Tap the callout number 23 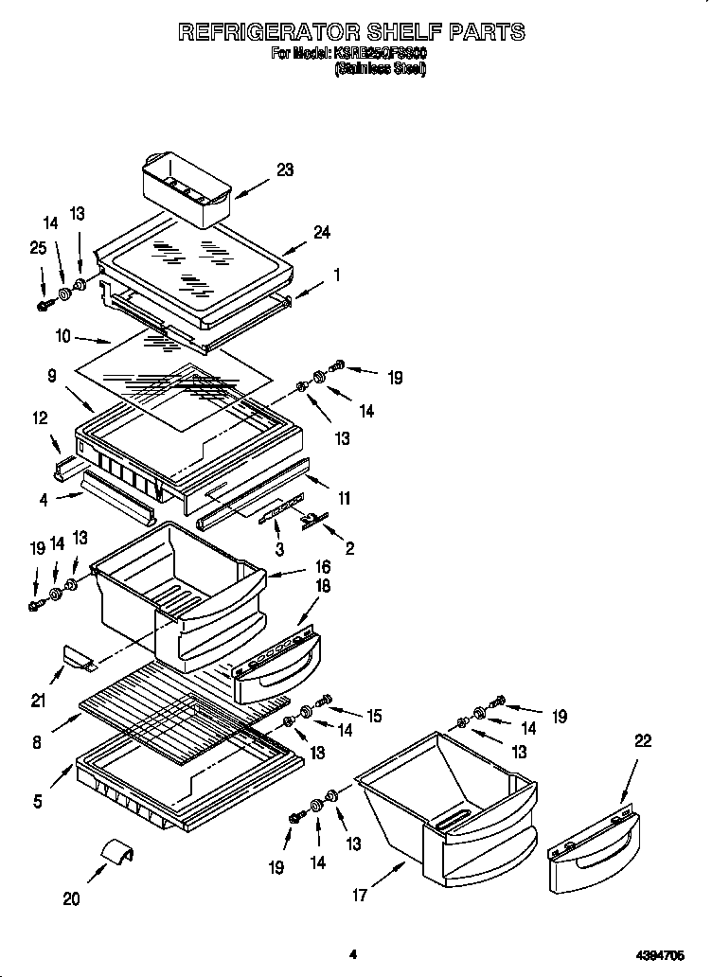tap(284, 170)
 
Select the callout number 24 tap(321, 233)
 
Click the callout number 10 tap(62, 333)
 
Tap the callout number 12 tap(39, 417)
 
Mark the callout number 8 tap(36, 743)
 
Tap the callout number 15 tap(374, 717)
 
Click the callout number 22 tap(642, 742)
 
